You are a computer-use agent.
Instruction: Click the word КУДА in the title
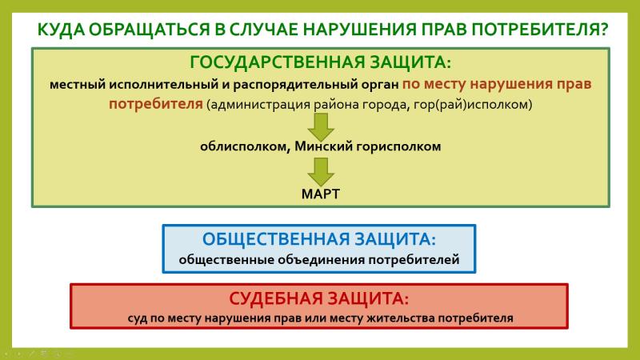click(61, 30)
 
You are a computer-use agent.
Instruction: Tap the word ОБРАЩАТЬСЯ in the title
click(149, 30)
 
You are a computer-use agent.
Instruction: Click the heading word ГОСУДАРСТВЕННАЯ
click(277, 62)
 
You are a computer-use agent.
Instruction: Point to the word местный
click(77, 85)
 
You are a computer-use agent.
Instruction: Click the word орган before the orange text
click(380, 86)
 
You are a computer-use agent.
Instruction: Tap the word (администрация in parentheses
click(258, 105)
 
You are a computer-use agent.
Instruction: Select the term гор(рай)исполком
click(473, 105)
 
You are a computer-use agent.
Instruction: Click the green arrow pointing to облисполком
click(321, 127)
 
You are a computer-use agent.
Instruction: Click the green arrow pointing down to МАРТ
click(321, 172)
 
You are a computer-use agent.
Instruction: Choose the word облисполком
click(245, 146)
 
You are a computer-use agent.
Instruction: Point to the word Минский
click(323, 146)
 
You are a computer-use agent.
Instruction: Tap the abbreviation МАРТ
click(321, 194)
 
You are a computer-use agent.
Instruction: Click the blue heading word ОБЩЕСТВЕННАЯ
click(276, 239)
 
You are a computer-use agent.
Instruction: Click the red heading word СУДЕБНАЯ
click(275, 298)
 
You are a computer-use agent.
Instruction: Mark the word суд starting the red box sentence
click(137, 318)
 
